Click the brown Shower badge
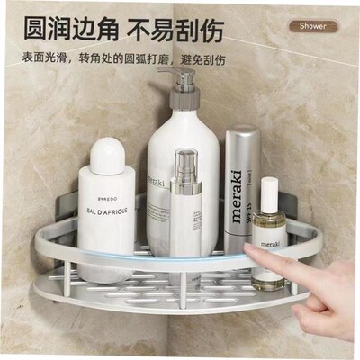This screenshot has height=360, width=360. tap(313, 25)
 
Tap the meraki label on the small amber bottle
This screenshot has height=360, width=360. tap(270, 243)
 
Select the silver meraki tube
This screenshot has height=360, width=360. tap(241, 189)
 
